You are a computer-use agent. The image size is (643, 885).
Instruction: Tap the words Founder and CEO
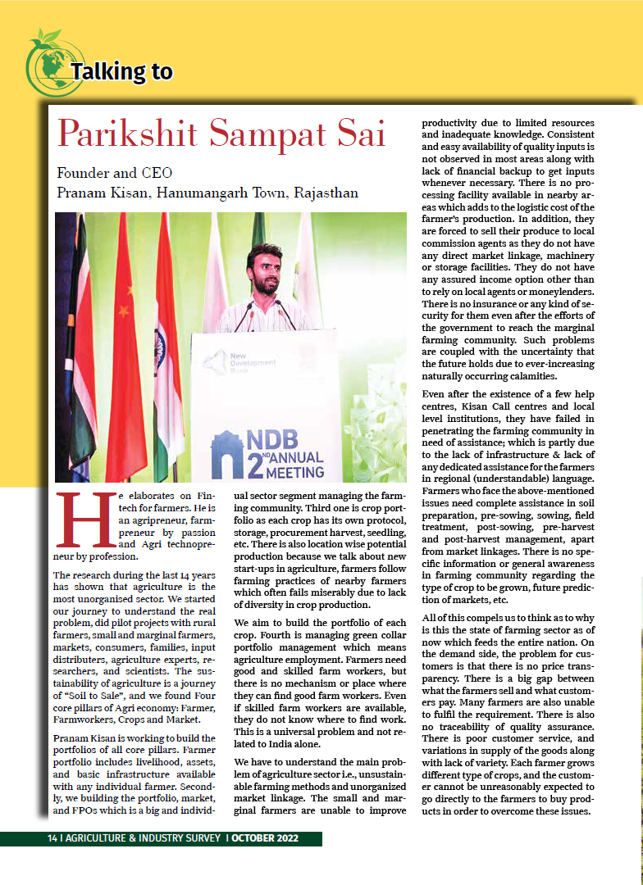[x=114, y=174]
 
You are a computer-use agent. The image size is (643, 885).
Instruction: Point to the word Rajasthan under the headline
[x=322, y=194]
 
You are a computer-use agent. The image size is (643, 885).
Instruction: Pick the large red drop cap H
[x=80, y=520]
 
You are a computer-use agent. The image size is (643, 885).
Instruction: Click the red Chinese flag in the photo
[x=123, y=344]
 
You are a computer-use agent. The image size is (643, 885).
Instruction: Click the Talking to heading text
[x=122, y=72]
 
